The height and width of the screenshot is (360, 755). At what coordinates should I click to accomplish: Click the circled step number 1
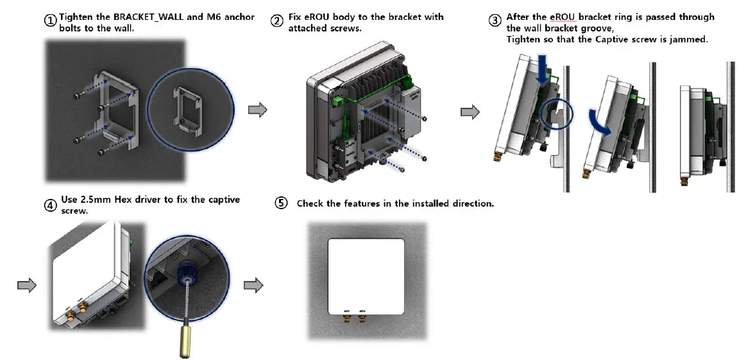pyautogui.click(x=51, y=21)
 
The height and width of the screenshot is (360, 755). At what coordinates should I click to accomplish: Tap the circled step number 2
pyautogui.click(x=277, y=21)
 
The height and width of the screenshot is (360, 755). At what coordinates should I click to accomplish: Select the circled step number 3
pyautogui.click(x=495, y=21)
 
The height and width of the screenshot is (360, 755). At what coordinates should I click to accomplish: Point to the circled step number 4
pyautogui.click(x=51, y=205)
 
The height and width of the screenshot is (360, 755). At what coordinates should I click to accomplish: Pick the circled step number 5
pyautogui.click(x=281, y=203)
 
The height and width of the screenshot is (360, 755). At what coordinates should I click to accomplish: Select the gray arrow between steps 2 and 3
pyautogui.click(x=470, y=113)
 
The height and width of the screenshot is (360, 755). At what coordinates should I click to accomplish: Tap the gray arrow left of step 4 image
pyautogui.click(x=26, y=286)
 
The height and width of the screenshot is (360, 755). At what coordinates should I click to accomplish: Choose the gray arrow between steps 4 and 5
pyautogui.click(x=255, y=286)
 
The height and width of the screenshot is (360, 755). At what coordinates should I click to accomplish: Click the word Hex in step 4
pyautogui.click(x=124, y=200)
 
